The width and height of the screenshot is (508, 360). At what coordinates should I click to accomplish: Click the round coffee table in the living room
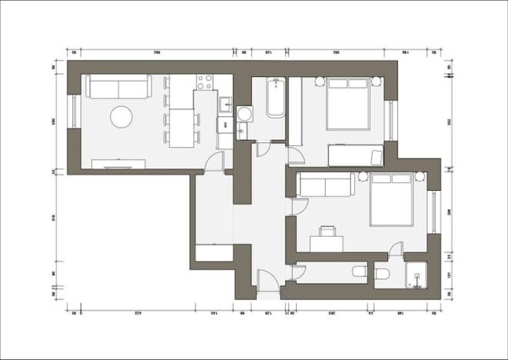click(121, 117)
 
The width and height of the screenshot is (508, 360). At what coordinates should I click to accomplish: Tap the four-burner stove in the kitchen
click(205, 82)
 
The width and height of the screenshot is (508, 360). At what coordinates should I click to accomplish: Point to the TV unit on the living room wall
click(118, 163)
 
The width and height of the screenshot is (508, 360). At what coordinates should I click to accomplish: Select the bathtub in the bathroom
click(276, 98)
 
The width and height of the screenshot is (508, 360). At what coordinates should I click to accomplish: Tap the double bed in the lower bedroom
click(393, 200)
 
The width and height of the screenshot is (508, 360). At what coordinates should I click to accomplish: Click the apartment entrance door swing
click(265, 281)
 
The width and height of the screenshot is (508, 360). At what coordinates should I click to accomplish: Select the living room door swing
click(215, 162)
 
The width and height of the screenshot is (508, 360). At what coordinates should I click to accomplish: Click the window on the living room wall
click(73, 112)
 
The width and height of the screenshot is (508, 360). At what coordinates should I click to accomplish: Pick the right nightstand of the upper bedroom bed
click(377, 81)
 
